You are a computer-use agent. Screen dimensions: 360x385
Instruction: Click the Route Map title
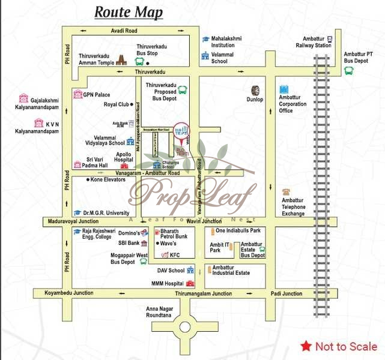pyautogui.click(x=128, y=12)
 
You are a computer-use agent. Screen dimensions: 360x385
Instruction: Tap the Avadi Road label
pyautogui.click(x=124, y=30)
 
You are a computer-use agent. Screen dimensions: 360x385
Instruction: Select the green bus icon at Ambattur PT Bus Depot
pyautogui.click(x=348, y=70)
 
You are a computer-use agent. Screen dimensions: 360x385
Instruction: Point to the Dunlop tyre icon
pyautogui.click(x=256, y=91)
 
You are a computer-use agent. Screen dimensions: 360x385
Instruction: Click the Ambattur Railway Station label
pyautogui.click(x=314, y=42)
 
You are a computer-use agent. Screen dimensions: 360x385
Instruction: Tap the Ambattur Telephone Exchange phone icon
pyautogui.click(x=286, y=193)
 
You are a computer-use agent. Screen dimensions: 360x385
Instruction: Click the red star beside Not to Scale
pyautogui.click(x=306, y=346)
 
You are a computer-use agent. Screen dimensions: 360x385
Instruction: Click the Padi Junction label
pyautogui.click(x=286, y=293)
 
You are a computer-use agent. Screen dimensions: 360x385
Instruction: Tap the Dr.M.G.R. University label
pyautogui.click(x=106, y=212)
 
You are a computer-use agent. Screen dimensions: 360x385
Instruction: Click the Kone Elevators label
pyautogui.click(x=107, y=179)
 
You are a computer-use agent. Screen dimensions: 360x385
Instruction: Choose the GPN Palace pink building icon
pyautogui.click(x=77, y=94)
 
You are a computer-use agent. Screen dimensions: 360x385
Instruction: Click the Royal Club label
pyautogui.click(x=117, y=104)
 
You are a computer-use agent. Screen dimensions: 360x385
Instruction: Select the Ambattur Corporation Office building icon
pyautogui.click(x=284, y=89)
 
